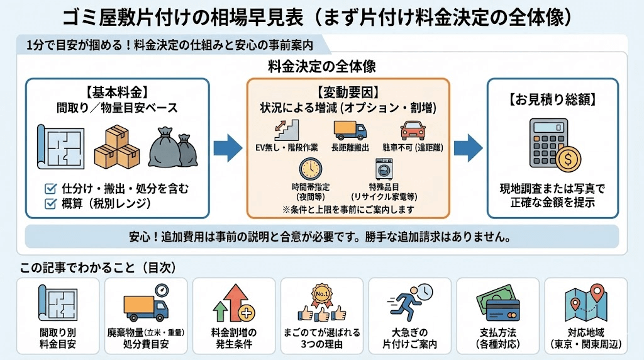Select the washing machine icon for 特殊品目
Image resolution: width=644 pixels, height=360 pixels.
[x=382, y=169]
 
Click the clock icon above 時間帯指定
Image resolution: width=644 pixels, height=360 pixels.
[x=310, y=169]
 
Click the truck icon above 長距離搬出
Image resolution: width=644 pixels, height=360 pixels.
[x=349, y=131]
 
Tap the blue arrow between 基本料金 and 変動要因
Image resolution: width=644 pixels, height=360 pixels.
[x=227, y=149]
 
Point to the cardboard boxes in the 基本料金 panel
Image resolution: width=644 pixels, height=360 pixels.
[x=117, y=146]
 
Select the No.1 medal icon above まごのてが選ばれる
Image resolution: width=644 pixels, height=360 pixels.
[x=321, y=296]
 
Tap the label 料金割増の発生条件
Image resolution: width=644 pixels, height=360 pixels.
[x=233, y=338]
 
